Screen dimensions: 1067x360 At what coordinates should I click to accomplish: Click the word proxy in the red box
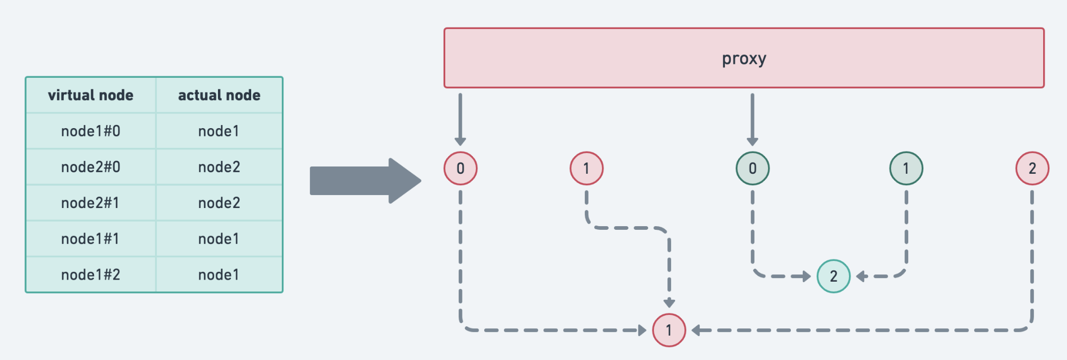click(744, 59)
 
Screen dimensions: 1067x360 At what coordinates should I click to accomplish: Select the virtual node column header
click(91, 95)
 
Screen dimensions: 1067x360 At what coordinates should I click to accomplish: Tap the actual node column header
click(219, 95)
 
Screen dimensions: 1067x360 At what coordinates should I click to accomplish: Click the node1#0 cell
click(91, 131)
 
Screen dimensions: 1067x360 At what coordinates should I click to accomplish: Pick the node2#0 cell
click(91, 167)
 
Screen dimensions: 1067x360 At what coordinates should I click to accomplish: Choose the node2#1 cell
click(91, 203)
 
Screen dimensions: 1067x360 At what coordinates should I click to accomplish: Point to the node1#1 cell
click(91, 239)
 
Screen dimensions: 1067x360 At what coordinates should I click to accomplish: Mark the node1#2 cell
click(91, 274)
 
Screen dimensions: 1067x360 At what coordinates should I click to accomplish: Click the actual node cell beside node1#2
click(219, 274)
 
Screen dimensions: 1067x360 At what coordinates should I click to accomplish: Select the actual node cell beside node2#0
click(219, 167)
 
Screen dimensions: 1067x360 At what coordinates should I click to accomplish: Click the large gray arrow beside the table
click(365, 181)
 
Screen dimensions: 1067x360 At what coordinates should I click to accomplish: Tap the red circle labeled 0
click(460, 168)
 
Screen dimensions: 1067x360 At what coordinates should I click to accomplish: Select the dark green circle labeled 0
click(753, 168)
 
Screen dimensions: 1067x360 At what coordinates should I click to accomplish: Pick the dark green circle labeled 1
click(906, 168)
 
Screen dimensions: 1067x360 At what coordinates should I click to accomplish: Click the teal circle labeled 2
click(833, 276)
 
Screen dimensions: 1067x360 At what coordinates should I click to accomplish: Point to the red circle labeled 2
click(1032, 168)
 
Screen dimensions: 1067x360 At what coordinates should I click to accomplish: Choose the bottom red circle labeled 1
click(669, 330)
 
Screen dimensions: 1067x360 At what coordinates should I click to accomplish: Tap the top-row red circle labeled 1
click(586, 168)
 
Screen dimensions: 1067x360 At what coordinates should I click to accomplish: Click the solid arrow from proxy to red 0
click(460, 119)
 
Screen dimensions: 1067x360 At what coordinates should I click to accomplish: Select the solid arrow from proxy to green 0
click(753, 119)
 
